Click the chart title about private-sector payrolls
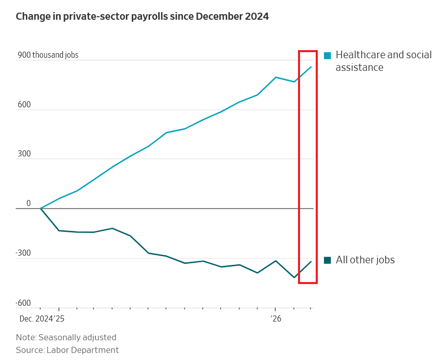142,17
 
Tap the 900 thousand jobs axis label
48,55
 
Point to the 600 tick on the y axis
24,105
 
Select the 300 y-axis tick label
24,154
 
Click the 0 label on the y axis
28,204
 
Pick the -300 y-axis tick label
23,253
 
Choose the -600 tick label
23,303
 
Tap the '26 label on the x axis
275,319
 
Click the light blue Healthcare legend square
327,56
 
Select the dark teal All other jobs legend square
327,260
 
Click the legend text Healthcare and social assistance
383,61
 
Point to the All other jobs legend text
365,260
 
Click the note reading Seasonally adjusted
66,337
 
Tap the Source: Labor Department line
67,350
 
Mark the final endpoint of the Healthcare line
311,66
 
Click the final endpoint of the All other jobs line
311,261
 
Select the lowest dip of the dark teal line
294,277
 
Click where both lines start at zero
41,209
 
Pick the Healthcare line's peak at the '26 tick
276,77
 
